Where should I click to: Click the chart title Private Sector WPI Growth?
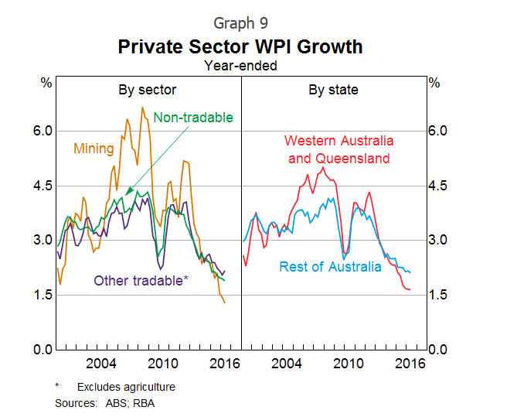click(x=240, y=46)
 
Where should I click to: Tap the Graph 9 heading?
click(x=240, y=23)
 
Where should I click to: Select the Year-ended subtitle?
click(x=240, y=66)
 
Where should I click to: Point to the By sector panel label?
click(x=147, y=90)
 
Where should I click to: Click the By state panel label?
click(x=333, y=90)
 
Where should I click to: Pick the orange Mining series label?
click(x=94, y=149)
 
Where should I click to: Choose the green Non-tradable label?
click(x=192, y=118)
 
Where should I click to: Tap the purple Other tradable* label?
click(x=141, y=280)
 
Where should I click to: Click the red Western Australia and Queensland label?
click(x=338, y=150)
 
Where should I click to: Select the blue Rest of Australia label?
click(x=330, y=267)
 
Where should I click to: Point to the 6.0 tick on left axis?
click(x=42, y=131)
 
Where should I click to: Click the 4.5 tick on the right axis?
click(x=438, y=186)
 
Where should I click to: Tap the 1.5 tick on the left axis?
click(x=42, y=295)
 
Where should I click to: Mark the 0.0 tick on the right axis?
click(x=438, y=350)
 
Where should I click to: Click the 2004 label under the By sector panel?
click(x=101, y=364)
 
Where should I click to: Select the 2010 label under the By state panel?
click(x=348, y=364)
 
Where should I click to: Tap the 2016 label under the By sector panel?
click(x=223, y=364)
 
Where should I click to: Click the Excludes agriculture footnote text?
click(x=126, y=387)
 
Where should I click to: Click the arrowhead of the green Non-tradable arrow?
click(x=127, y=193)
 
